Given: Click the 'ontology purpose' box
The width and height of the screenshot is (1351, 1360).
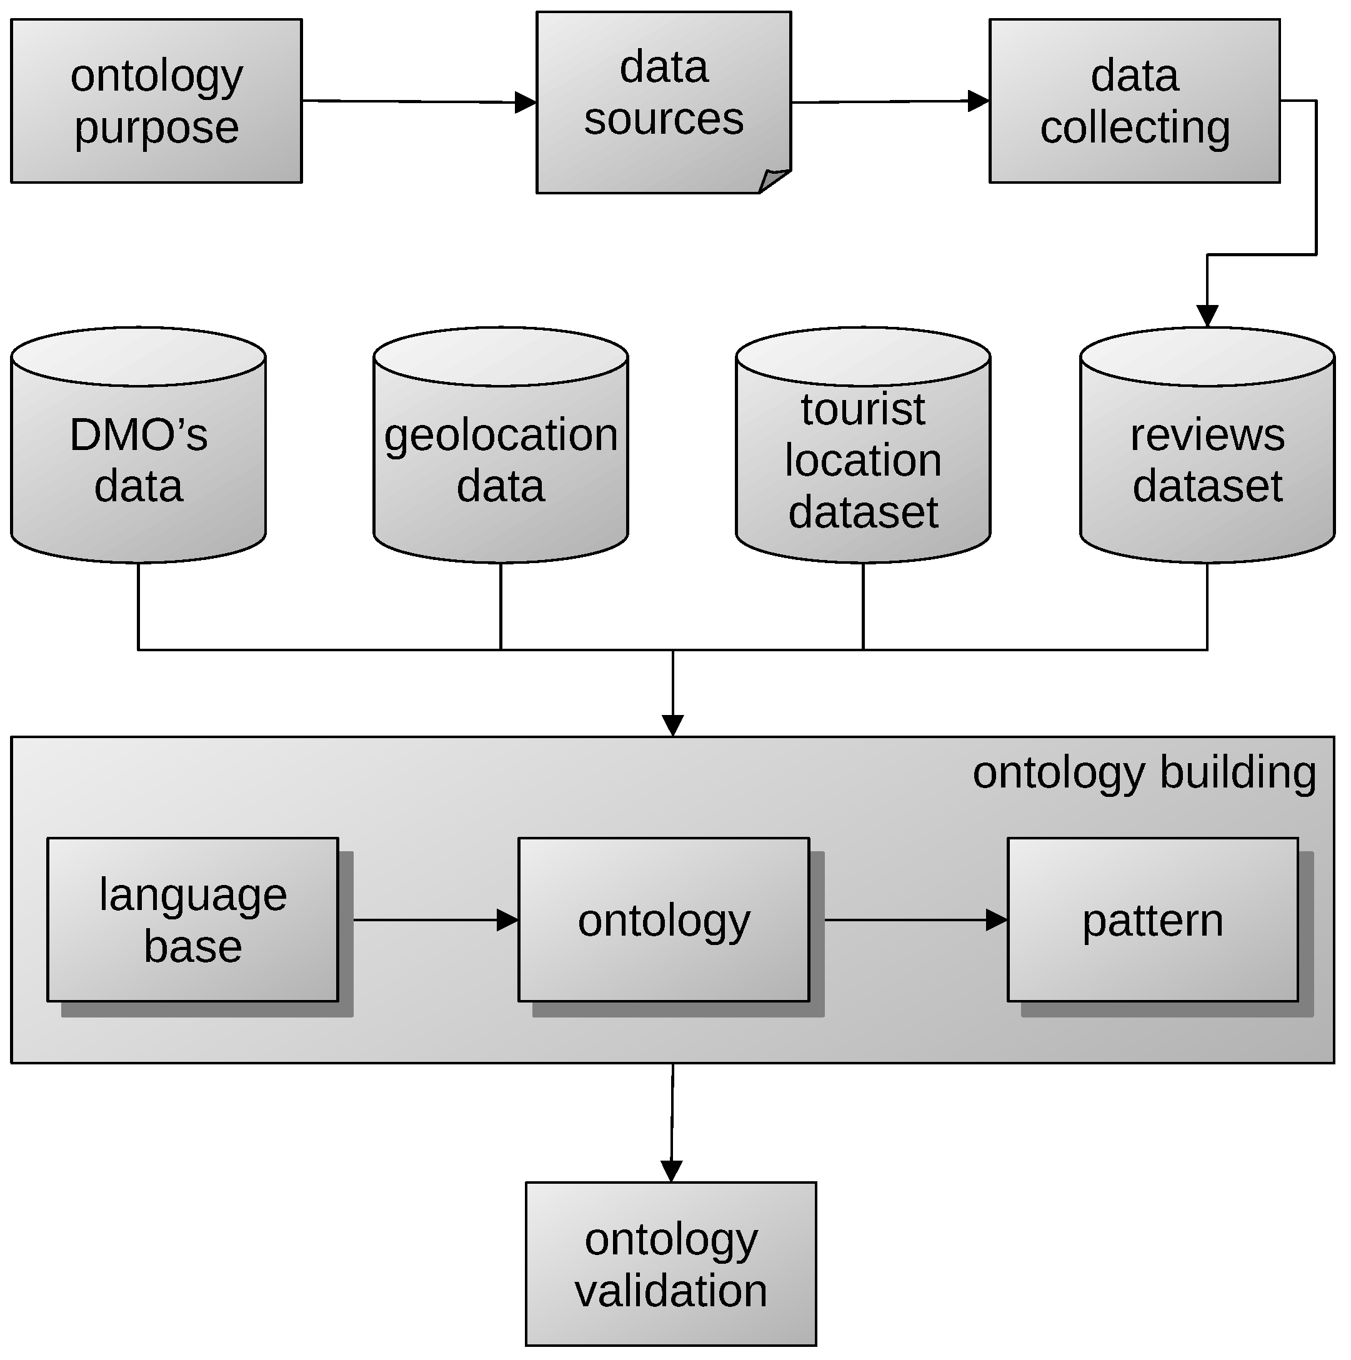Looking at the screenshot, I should click(156, 101).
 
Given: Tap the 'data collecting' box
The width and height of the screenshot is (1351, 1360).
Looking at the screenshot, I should click(1134, 101).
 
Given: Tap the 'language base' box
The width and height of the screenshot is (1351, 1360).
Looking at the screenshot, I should click(193, 919).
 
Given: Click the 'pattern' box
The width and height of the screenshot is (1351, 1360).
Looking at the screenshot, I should click(1152, 919).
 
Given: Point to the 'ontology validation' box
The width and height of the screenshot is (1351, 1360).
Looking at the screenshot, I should click(671, 1264).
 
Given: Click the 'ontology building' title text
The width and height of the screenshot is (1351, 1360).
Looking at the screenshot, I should click(1144, 772).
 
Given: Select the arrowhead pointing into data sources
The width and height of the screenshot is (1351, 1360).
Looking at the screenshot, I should click(526, 102).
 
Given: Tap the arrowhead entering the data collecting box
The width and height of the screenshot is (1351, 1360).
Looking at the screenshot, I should click(979, 101).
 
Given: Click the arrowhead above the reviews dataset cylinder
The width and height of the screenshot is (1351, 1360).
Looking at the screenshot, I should click(1207, 316).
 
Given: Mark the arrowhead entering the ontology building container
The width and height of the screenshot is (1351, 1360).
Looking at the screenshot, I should click(672, 725).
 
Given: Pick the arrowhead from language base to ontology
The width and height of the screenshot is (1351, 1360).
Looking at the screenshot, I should click(507, 919).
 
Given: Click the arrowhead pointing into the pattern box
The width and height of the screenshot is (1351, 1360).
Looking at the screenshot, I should click(996, 919).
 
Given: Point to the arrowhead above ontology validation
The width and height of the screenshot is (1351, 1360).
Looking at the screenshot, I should click(671, 1171).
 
